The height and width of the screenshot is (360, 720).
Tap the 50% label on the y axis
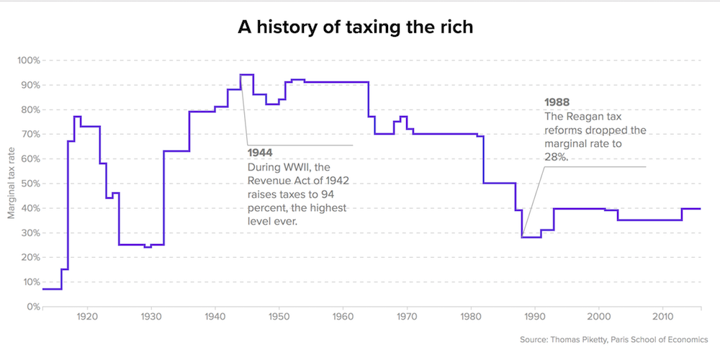[x=28, y=184]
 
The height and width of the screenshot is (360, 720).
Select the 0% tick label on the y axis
[x=31, y=307]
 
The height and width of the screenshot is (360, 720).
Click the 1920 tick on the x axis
[x=87, y=318]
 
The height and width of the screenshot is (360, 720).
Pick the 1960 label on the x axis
[x=343, y=318]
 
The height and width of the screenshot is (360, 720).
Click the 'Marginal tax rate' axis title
[x=11, y=183]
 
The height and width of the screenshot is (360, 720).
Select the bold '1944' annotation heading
[x=259, y=153]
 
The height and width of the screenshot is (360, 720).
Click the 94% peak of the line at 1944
[x=246, y=75]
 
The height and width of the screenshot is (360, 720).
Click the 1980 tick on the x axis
[x=471, y=318]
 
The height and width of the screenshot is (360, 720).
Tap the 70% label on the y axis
[x=28, y=135]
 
